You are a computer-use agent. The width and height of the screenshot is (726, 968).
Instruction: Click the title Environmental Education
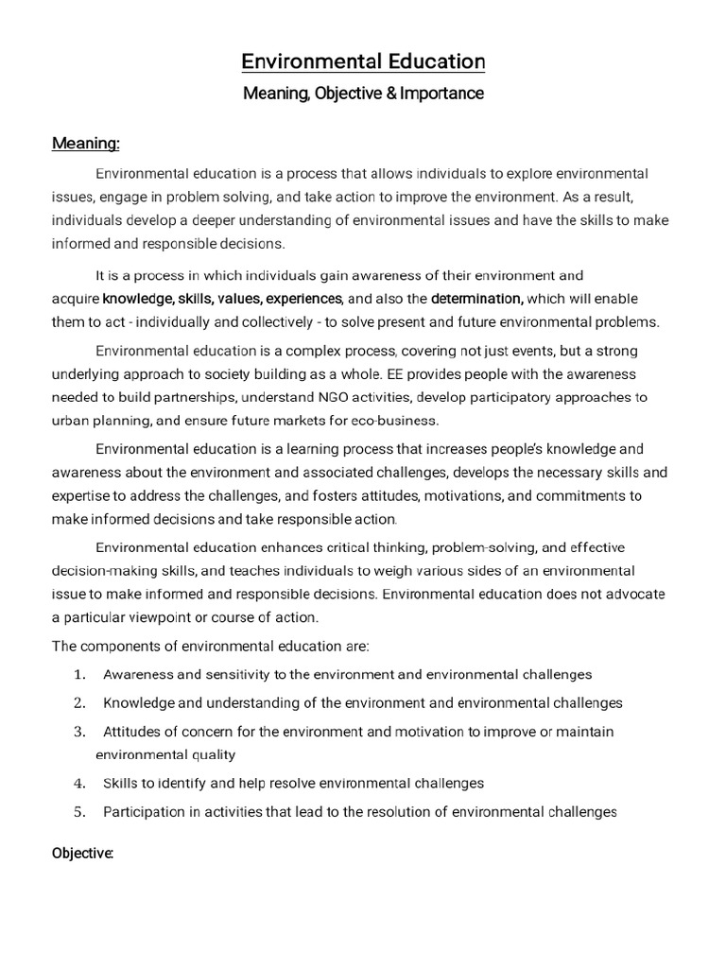click(x=363, y=62)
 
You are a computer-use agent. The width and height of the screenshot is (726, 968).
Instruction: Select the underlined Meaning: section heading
click(x=85, y=144)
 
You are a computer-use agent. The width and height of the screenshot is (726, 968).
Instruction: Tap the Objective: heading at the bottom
click(x=82, y=853)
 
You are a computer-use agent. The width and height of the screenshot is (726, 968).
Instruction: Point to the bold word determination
click(x=477, y=299)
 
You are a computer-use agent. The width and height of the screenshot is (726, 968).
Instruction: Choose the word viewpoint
click(x=184, y=618)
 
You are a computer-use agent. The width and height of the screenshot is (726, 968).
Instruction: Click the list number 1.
click(x=79, y=675)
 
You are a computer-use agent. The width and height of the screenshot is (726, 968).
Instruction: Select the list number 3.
click(x=79, y=732)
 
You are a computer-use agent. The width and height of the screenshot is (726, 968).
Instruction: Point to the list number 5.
click(x=79, y=812)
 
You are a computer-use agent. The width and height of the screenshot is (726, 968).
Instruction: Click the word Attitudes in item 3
click(x=131, y=732)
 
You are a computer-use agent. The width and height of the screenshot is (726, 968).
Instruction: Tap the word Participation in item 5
click(x=142, y=812)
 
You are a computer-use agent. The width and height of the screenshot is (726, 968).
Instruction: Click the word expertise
click(x=82, y=495)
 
